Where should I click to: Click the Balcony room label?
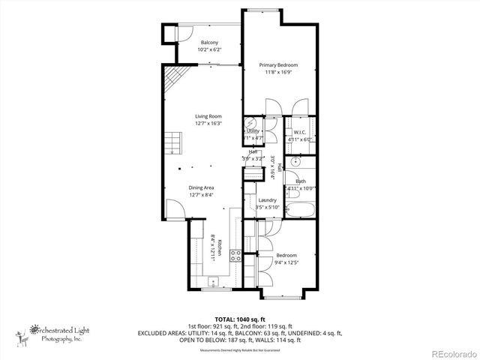click(x=209, y=43)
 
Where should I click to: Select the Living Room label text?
click(x=208, y=116)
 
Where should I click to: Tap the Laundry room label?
click(x=268, y=200)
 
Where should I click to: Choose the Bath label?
click(x=300, y=181)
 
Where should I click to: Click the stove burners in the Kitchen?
click(x=235, y=256)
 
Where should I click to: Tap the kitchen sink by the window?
click(x=211, y=283)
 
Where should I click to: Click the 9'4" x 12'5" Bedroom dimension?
click(x=286, y=262)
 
